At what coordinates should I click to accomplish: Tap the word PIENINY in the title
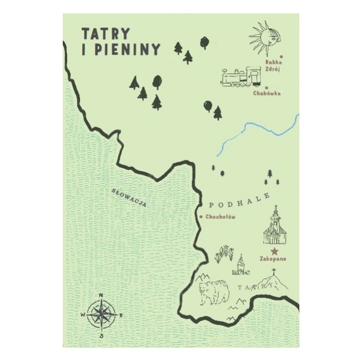coord(125,49)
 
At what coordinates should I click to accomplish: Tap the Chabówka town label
coord(266,94)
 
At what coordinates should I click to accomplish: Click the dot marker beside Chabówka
coord(267,87)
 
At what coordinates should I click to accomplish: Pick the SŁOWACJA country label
coord(129,198)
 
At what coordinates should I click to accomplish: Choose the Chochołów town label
coord(221,217)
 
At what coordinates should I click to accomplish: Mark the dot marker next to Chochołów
coord(200,217)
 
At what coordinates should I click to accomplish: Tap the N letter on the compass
coord(101,295)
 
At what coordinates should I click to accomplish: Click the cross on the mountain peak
coord(273,272)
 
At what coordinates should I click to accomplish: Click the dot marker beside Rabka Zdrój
coord(282,56)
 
